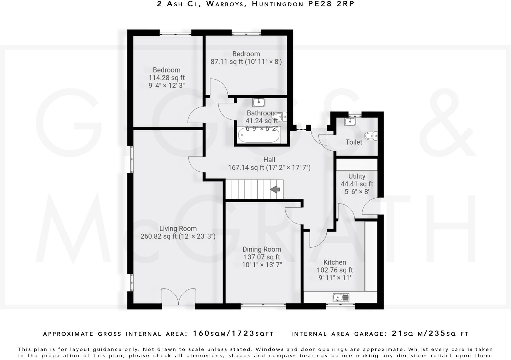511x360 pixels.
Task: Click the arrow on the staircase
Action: coord(275,190)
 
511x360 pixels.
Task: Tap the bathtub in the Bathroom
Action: coord(259,136)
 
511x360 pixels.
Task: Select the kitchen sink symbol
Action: coord(341,297)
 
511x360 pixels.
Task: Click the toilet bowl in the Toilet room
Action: coord(371,136)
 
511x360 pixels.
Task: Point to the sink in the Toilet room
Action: coord(350,121)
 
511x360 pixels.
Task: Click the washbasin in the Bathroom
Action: coord(258,102)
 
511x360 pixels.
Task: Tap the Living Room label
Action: coord(178,228)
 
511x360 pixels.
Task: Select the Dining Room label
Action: coord(262,249)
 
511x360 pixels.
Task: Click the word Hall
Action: coord(269,160)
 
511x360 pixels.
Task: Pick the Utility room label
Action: coord(357,176)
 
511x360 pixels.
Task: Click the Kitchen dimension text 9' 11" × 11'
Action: coord(335,278)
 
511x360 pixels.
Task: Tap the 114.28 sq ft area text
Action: coord(167,78)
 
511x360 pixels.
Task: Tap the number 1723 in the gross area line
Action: coord(243,334)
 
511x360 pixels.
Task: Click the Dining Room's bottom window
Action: coord(263,305)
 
